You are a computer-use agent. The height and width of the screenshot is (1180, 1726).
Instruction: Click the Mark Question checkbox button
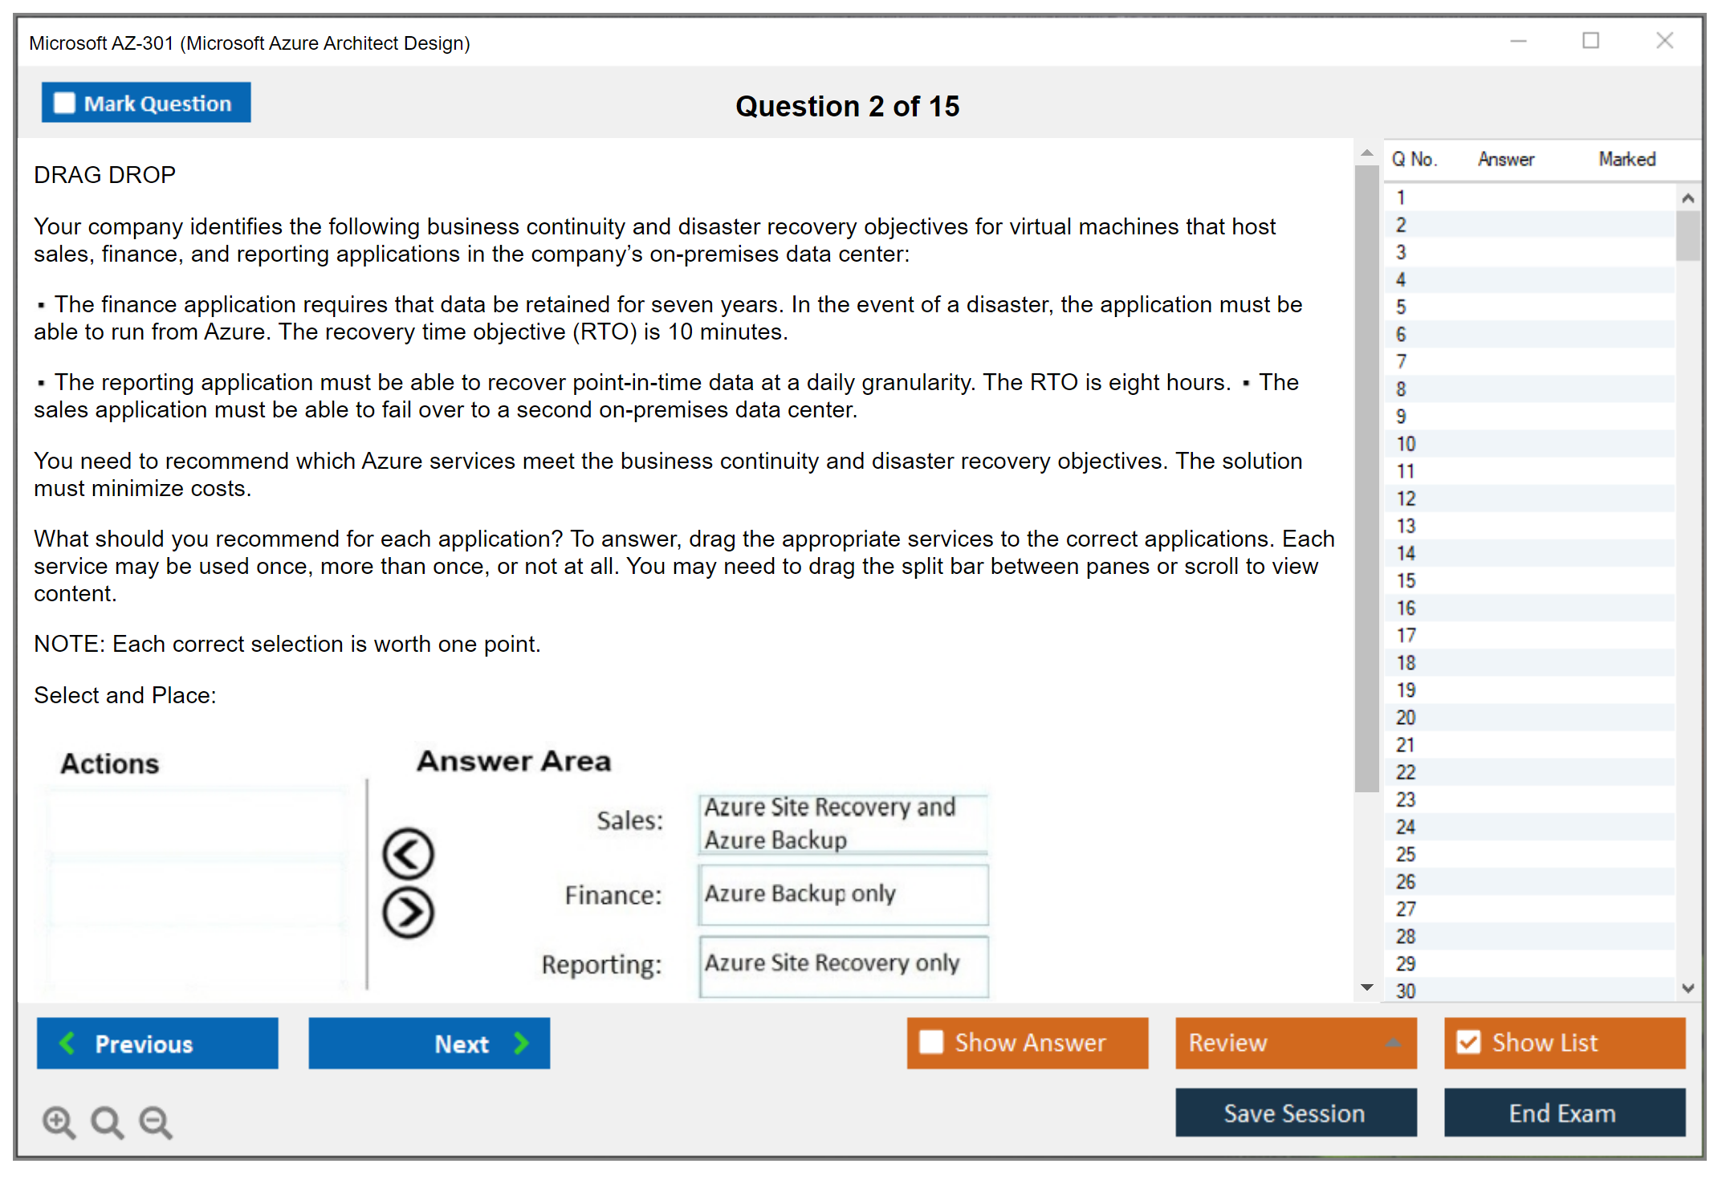coord(146,103)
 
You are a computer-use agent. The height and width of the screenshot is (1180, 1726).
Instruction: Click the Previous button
coord(157,1044)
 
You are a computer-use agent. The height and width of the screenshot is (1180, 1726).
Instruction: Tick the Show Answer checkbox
coord(931,1043)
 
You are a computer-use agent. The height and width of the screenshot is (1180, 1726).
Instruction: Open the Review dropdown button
coord(1295,1043)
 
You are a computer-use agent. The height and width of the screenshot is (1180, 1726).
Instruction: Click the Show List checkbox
coord(1468,1043)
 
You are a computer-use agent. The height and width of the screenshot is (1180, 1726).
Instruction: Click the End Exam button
coord(1564,1113)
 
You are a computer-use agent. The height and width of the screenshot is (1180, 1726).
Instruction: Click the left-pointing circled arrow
coord(408,853)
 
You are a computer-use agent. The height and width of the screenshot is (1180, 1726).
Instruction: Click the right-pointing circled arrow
coord(408,913)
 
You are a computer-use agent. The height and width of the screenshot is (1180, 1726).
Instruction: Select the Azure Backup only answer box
coord(843,894)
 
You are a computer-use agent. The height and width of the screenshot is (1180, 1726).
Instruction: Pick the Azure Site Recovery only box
coord(843,963)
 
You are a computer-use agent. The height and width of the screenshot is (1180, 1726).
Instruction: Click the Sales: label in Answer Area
coord(630,820)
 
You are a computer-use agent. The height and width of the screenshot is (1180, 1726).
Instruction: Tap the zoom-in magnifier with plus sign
coord(59,1122)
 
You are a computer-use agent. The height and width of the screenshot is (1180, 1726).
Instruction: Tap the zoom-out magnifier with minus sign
coord(156,1122)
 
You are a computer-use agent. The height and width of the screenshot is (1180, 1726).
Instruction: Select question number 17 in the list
coord(1406,636)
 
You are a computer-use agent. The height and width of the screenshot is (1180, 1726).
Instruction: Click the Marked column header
coord(1626,159)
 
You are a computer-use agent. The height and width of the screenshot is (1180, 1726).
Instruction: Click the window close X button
coord(1664,41)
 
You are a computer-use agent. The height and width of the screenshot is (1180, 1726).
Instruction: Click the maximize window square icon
coord(1590,41)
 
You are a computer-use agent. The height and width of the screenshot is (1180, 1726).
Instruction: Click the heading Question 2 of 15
coord(847,106)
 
